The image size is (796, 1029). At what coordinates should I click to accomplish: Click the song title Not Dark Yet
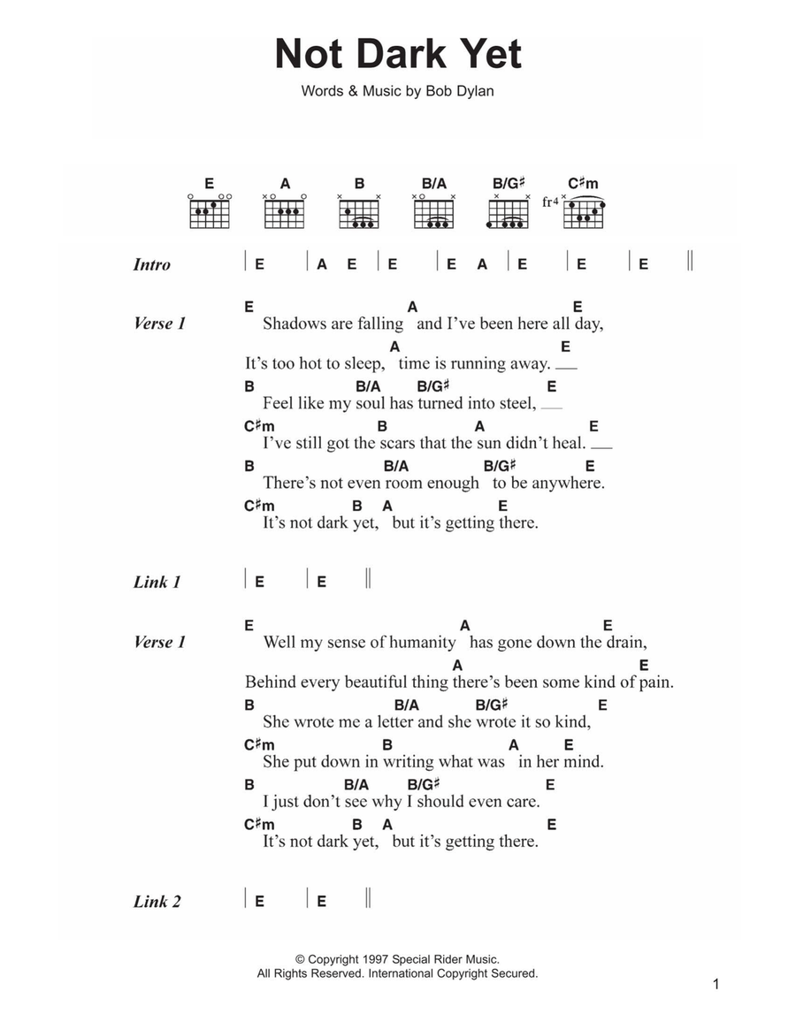398,55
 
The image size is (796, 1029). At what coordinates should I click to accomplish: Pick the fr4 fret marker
550,202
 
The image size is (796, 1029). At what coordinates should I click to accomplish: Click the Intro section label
151,264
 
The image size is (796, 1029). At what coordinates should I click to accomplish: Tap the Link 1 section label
157,582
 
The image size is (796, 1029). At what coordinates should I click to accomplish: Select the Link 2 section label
157,902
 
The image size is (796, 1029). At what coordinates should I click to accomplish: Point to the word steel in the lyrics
517,403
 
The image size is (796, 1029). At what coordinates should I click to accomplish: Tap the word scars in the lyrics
397,443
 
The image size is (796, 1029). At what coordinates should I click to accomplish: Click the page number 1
717,985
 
